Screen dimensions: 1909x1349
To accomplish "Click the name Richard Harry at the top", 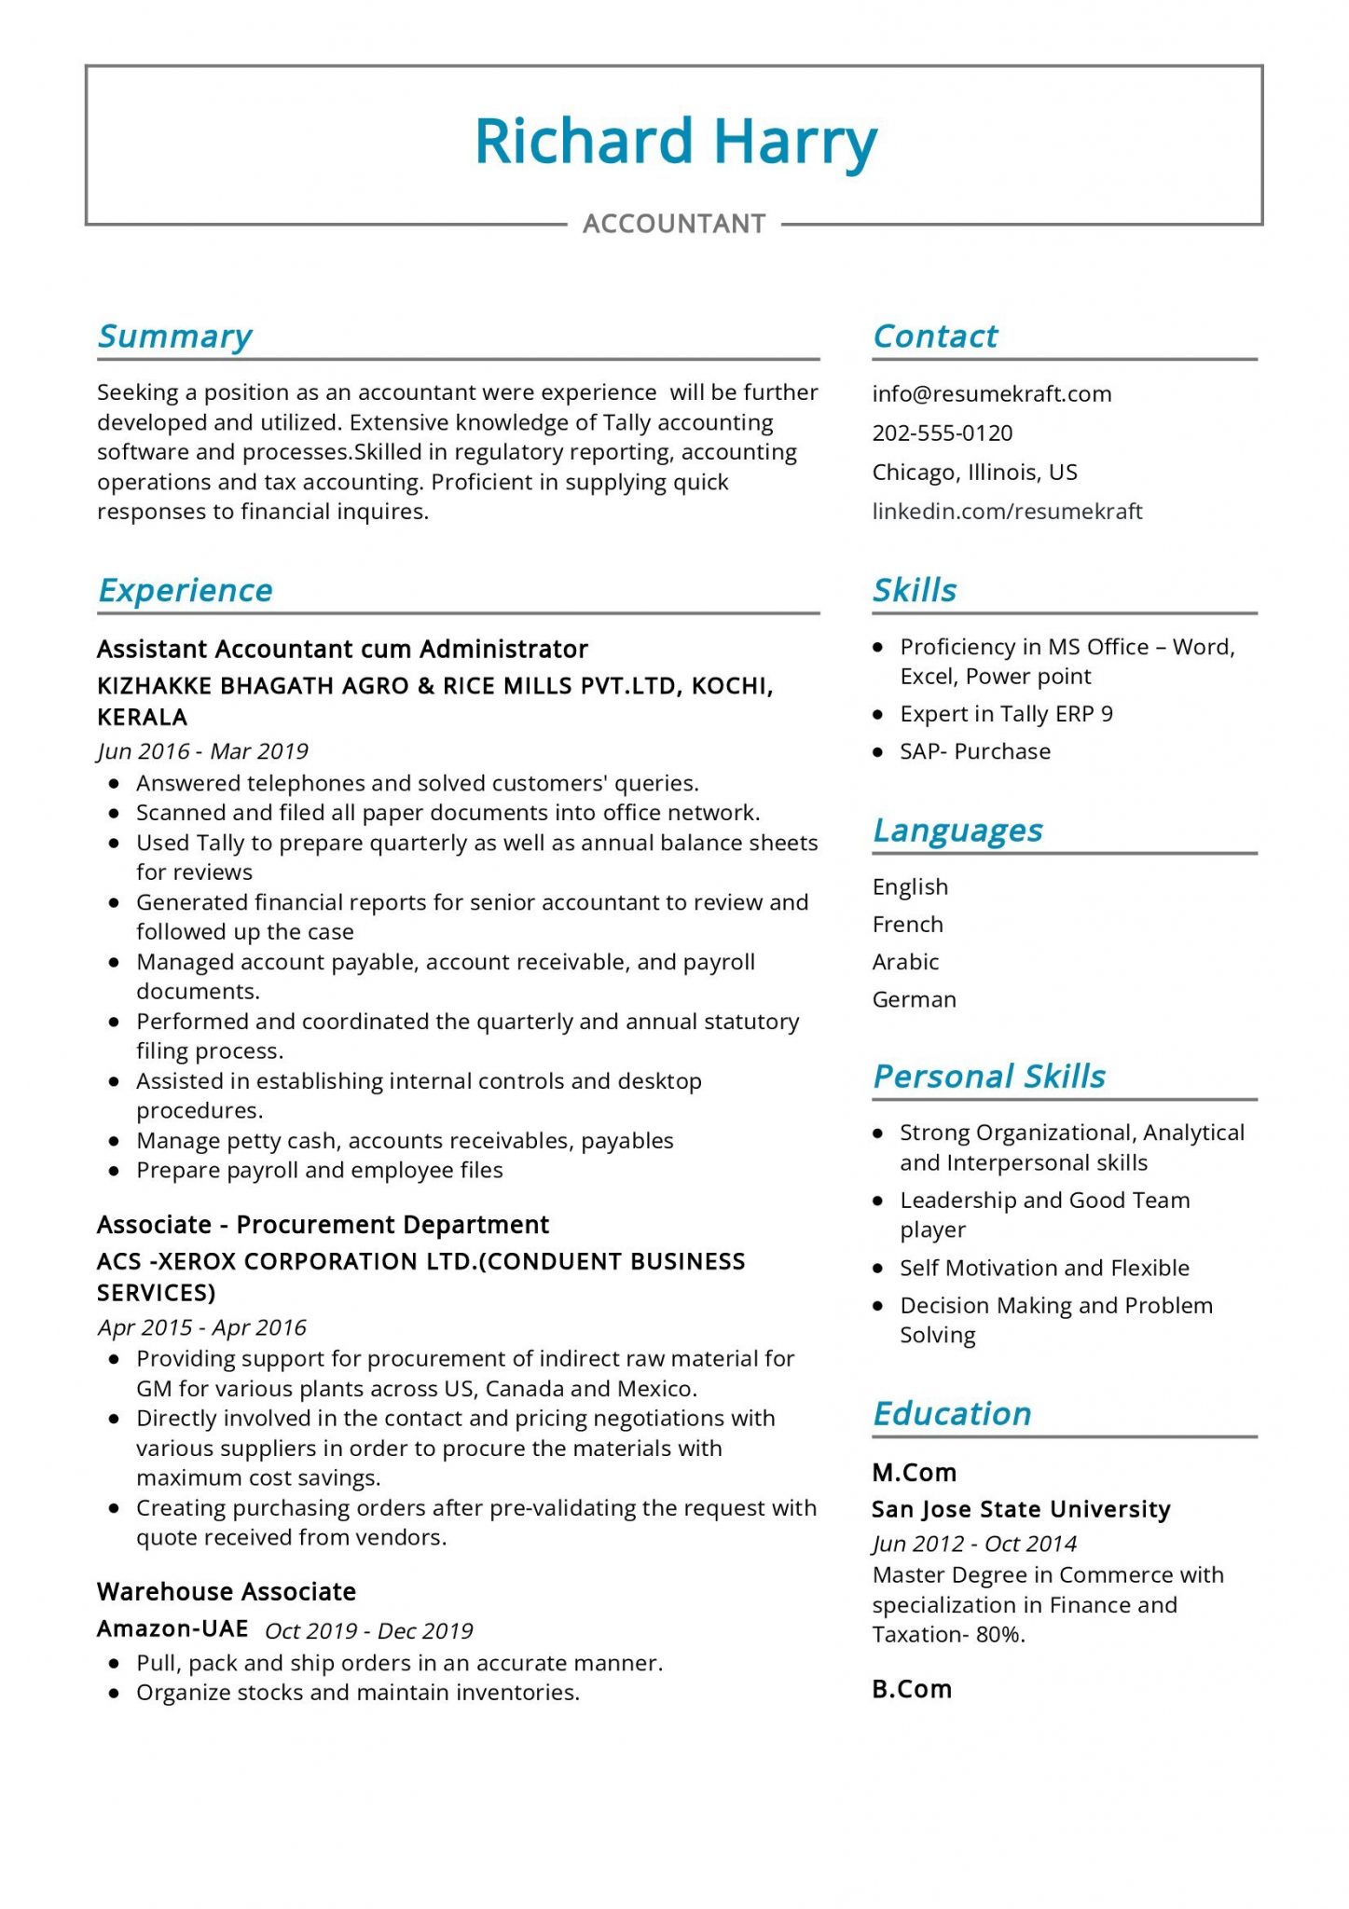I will click(675, 142).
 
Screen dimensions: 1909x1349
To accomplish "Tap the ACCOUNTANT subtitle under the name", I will click(674, 224).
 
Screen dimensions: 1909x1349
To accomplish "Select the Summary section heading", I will click(175, 336).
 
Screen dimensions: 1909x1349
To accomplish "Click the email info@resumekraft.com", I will click(991, 393).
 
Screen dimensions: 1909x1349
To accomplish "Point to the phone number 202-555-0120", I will click(942, 433).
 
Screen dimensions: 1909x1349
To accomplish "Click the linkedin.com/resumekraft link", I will click(1007, 511).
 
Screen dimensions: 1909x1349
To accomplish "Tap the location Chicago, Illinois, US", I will click(974, 472).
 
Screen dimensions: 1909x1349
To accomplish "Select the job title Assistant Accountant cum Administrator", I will click(342, 649).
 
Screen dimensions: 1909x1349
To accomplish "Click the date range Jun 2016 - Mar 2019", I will click(202, 751).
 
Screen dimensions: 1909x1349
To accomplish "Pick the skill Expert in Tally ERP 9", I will click(1006, 714).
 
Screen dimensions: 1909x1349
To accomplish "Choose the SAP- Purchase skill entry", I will click(974, 751).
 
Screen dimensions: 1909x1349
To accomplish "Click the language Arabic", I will click(905, 961).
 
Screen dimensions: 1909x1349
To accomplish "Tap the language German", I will click(914, 999).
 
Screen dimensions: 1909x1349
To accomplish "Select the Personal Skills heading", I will click(988, 1077).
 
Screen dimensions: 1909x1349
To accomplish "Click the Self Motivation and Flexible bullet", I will click(1044, 1268).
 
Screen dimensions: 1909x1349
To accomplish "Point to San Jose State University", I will click(1021, 1509).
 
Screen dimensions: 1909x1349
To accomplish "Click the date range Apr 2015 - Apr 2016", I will click(201, 1327).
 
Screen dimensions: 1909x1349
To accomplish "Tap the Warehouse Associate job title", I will click(227, 1591).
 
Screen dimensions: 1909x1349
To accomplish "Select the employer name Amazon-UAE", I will click(172, 1628).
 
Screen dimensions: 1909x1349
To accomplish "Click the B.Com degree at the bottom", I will click(912, 1689).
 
